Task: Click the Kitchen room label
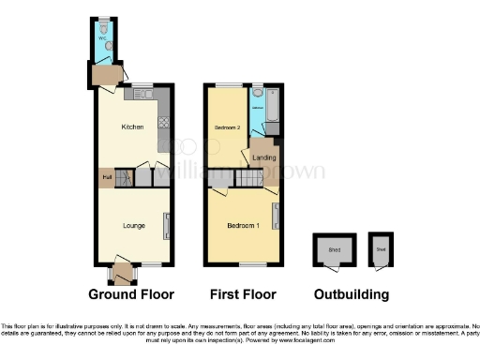point(131,127)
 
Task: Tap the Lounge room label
point(132,226)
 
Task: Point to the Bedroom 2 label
point(227,127)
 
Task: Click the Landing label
point(265,157)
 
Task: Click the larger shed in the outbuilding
point(334,249)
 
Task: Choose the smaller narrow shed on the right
point(381,249)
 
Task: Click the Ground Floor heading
point(132,294)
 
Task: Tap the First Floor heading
point(242,294)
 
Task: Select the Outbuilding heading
point(352,294)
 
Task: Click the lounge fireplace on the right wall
point(167,224)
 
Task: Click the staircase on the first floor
point(247,176)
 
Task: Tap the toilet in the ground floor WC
point(110,44)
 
